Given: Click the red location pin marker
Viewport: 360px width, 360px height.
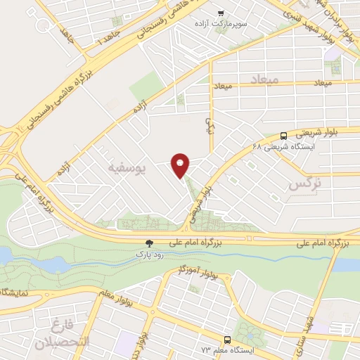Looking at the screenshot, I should pyautogui.click(x=181, y=165).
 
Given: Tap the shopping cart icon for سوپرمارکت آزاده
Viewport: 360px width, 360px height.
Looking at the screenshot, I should pyautogui.click(x=221, y=13).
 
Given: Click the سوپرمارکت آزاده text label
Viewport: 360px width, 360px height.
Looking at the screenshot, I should pyautogui.click(x=220, y=25).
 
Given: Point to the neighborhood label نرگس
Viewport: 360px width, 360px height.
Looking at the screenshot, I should pyautogui.click(x=309, y=185).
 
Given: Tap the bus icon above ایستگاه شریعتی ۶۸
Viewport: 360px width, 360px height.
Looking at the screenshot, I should pyautogui.click(x=283, y=136).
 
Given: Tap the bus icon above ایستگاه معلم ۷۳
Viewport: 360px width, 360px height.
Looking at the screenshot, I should pyautogui.click(x=225, y=339).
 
